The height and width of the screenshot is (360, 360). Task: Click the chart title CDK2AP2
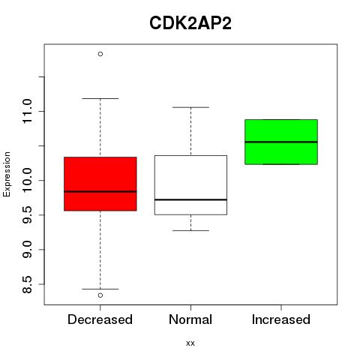(190, 23)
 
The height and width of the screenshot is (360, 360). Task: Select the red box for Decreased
(100, 184)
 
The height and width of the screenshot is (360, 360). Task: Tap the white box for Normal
(190, 185)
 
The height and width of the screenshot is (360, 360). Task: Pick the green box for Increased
(281, 142)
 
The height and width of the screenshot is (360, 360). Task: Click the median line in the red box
(100, 191)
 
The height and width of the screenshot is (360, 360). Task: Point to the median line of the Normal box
(190, 199)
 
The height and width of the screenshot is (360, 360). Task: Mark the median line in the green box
(281, 142)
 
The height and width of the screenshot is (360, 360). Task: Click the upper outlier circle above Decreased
(100, 54)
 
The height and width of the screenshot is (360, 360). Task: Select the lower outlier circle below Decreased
(100, 295)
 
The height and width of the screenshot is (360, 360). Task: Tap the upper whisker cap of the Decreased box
(100, 98)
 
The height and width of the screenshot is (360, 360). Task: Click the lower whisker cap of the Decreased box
(100, 289)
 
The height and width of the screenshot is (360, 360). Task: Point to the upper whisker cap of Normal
(190, 107)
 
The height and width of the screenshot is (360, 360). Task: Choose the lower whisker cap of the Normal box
(190, 230)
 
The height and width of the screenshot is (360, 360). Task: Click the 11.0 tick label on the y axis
(27, 111)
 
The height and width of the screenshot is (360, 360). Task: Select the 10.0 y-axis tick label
(27, 180)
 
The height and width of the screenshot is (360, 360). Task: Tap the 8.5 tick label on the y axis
(27, 284)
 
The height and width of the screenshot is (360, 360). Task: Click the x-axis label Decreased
(100, 319)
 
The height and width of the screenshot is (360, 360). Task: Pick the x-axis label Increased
(281, 319)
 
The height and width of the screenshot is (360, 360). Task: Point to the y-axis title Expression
(7, 174)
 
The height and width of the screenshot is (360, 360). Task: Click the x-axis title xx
(190, 343)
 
